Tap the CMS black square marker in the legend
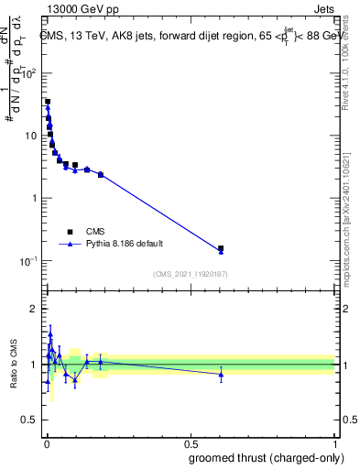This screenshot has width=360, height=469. click(x=70, y=232)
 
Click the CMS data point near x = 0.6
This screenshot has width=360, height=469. click(x=221, y=248)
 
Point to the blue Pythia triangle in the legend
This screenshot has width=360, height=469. click(x=70, y=245)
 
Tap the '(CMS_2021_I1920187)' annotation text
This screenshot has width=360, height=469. click(x=191, y=274)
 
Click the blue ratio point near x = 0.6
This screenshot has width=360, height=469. click(x=221, y=374)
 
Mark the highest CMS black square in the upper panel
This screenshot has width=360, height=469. click(x=48, y=102)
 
